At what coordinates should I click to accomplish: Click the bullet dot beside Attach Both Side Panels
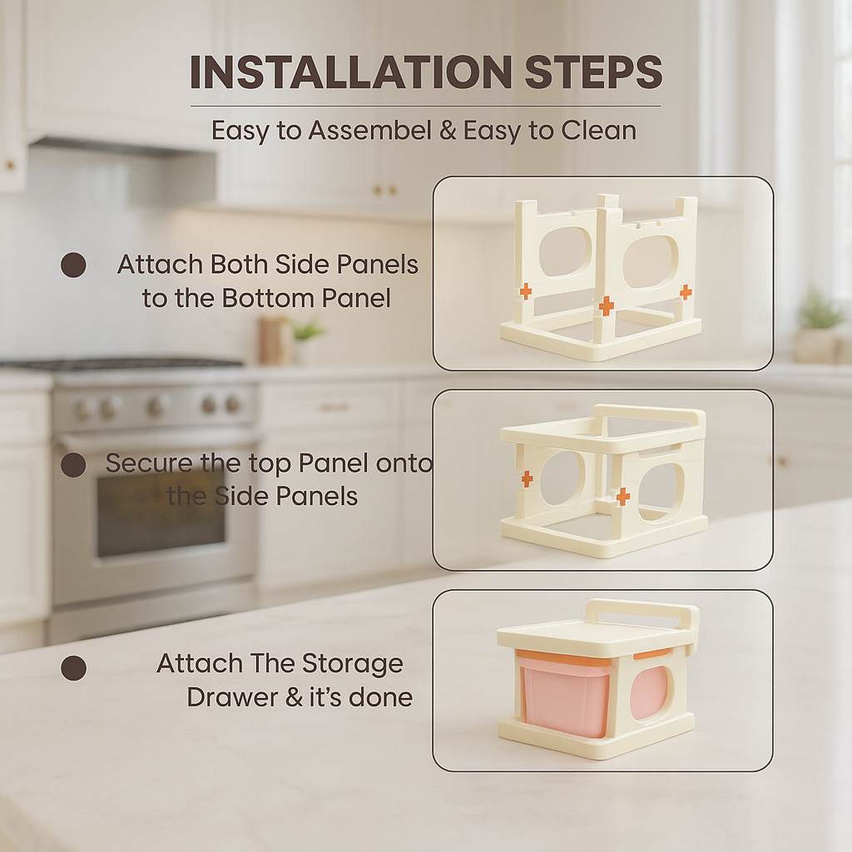tap(73, 265)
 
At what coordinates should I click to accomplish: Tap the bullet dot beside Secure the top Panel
tap(73, 464)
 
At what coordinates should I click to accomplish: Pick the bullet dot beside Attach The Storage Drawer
tap(73, 668)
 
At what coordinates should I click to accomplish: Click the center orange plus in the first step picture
tap(607, 305)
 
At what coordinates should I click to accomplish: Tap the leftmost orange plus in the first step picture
tap(525, 290)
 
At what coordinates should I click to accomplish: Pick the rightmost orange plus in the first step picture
tap(686, 292)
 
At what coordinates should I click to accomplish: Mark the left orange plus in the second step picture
tap(527, 478)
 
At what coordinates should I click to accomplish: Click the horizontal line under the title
tap(425, 106)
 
